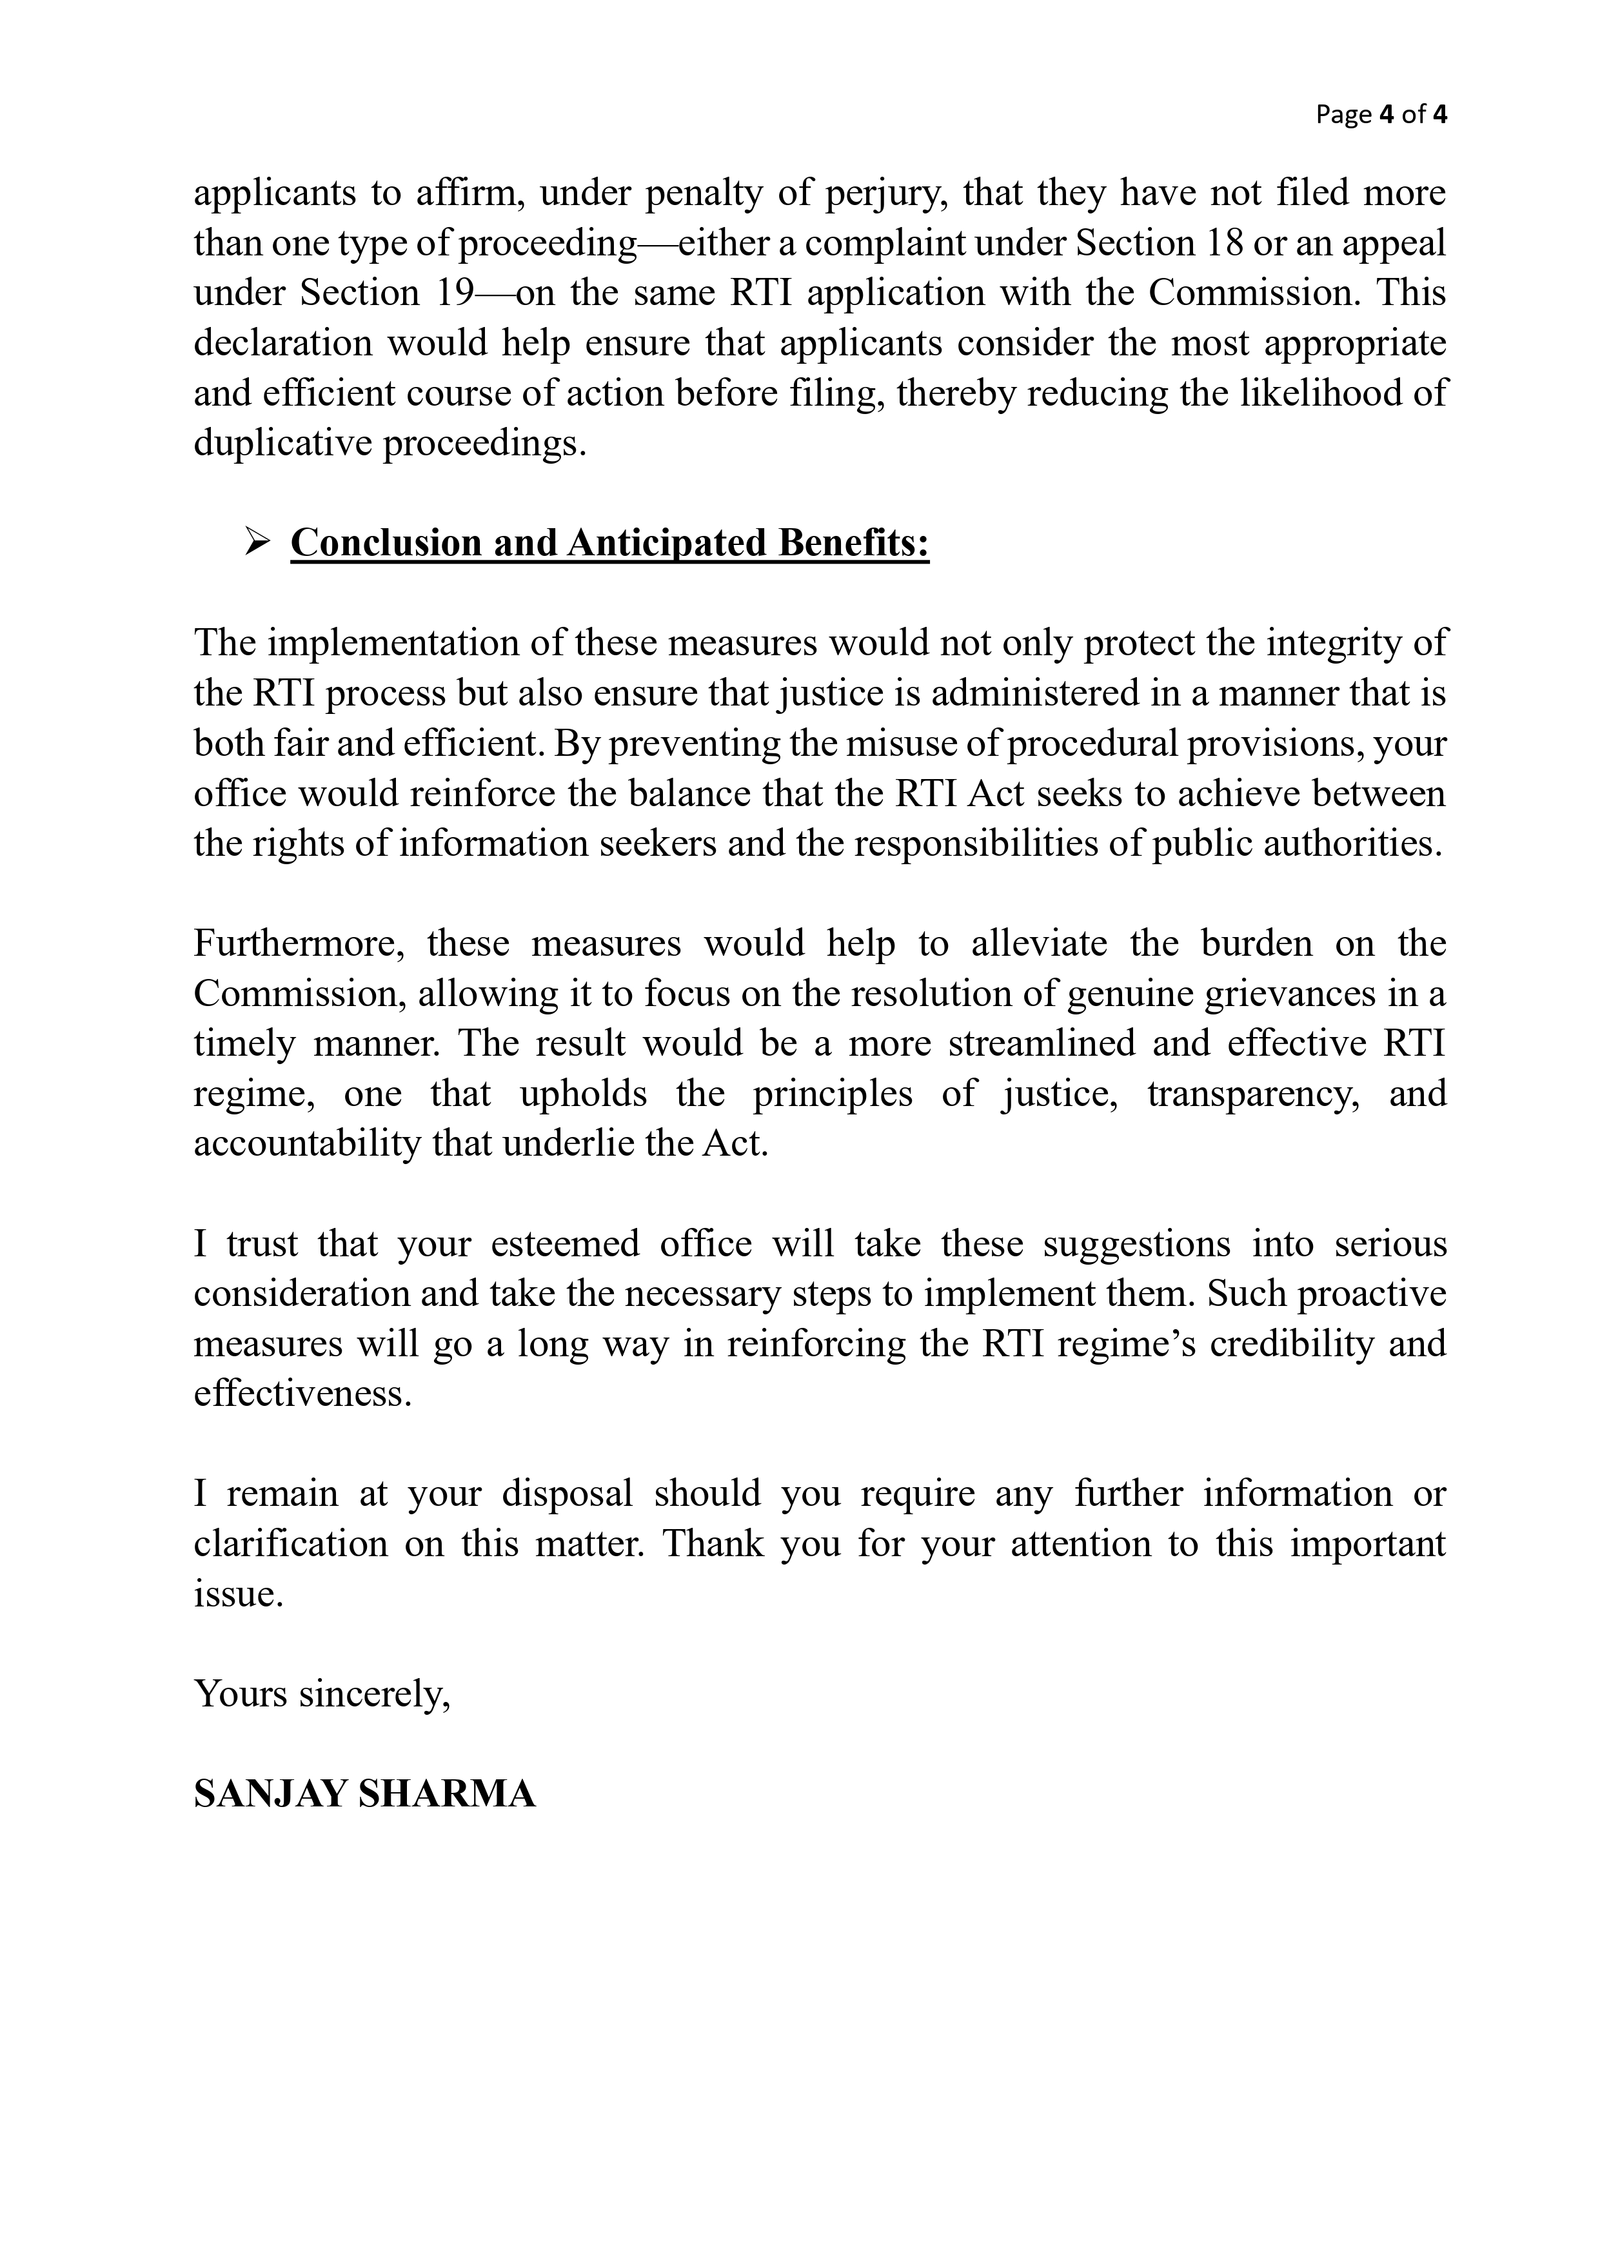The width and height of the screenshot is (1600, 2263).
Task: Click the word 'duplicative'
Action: pos(282,444)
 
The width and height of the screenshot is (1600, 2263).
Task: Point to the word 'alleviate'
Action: pos(1039,944)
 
